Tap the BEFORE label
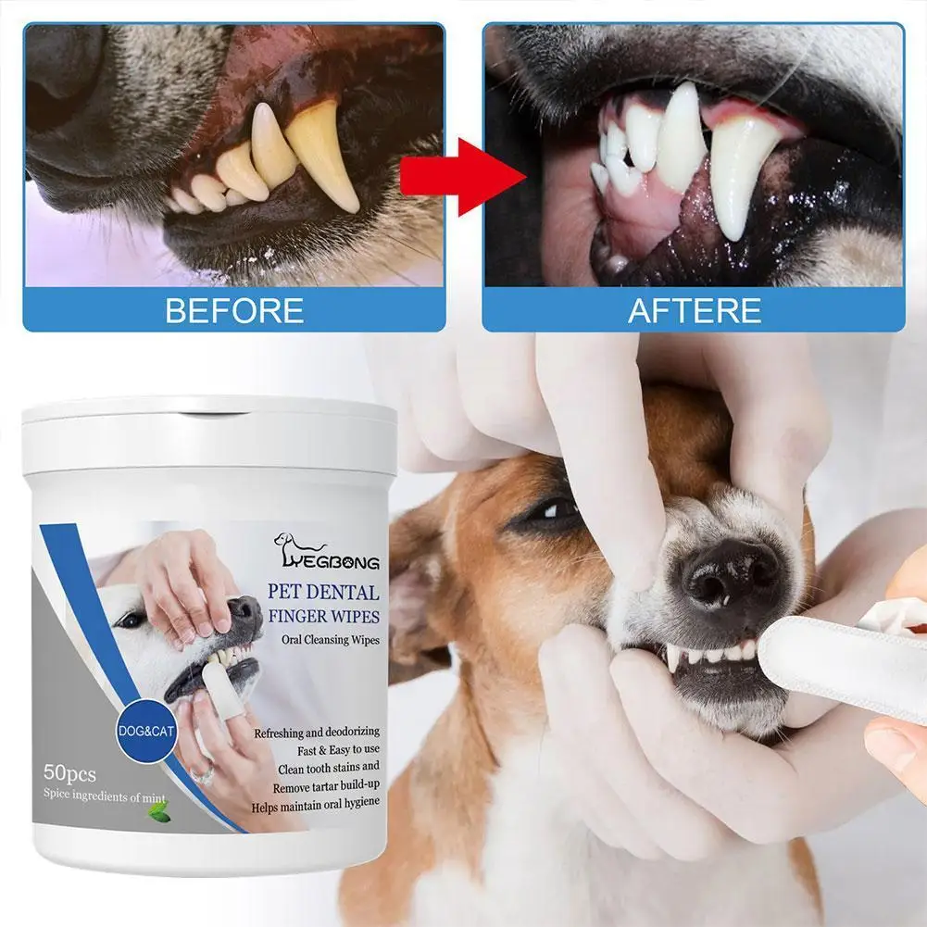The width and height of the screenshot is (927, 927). (x=234, y=309)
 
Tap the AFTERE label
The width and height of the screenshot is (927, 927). (x=695, y=309)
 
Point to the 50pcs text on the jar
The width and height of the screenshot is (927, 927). (x=69, y=769)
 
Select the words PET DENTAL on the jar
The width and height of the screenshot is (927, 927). (x=322, y=592)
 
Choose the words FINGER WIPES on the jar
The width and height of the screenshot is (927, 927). (x=322, y=616)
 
